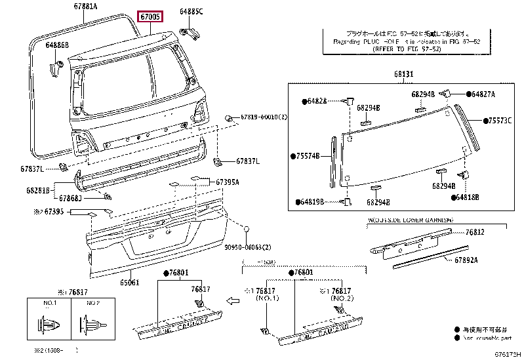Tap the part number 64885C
point(191,12)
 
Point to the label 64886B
point(57,45)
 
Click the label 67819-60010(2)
point(264,117)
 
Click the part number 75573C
point(500,121)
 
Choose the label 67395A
point(228,182)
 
